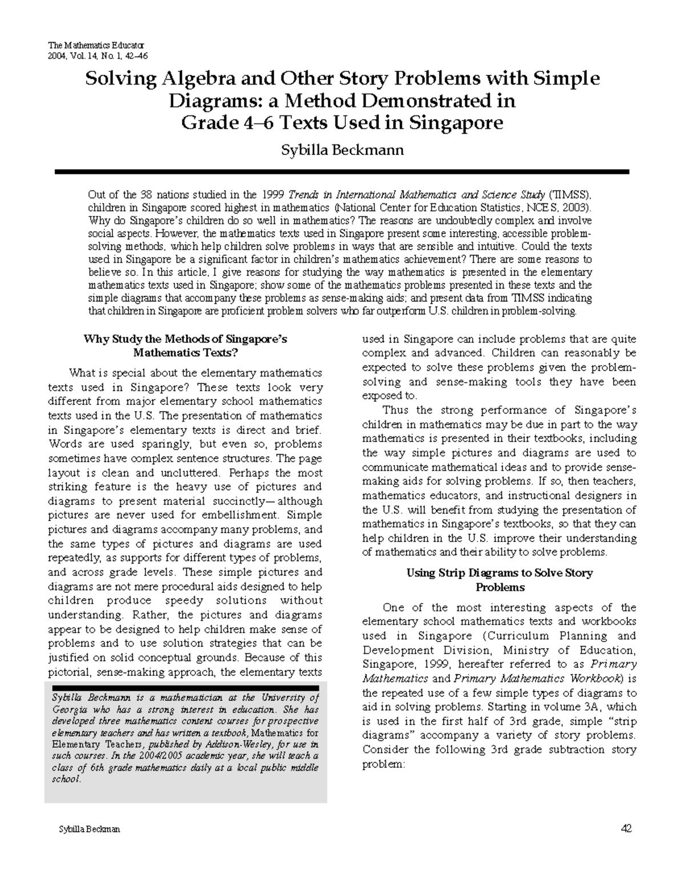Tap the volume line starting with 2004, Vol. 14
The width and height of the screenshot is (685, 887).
98,55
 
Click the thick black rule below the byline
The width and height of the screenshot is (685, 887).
342,171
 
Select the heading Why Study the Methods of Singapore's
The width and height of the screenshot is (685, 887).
185,339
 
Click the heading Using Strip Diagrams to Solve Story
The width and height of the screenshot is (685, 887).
499,573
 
